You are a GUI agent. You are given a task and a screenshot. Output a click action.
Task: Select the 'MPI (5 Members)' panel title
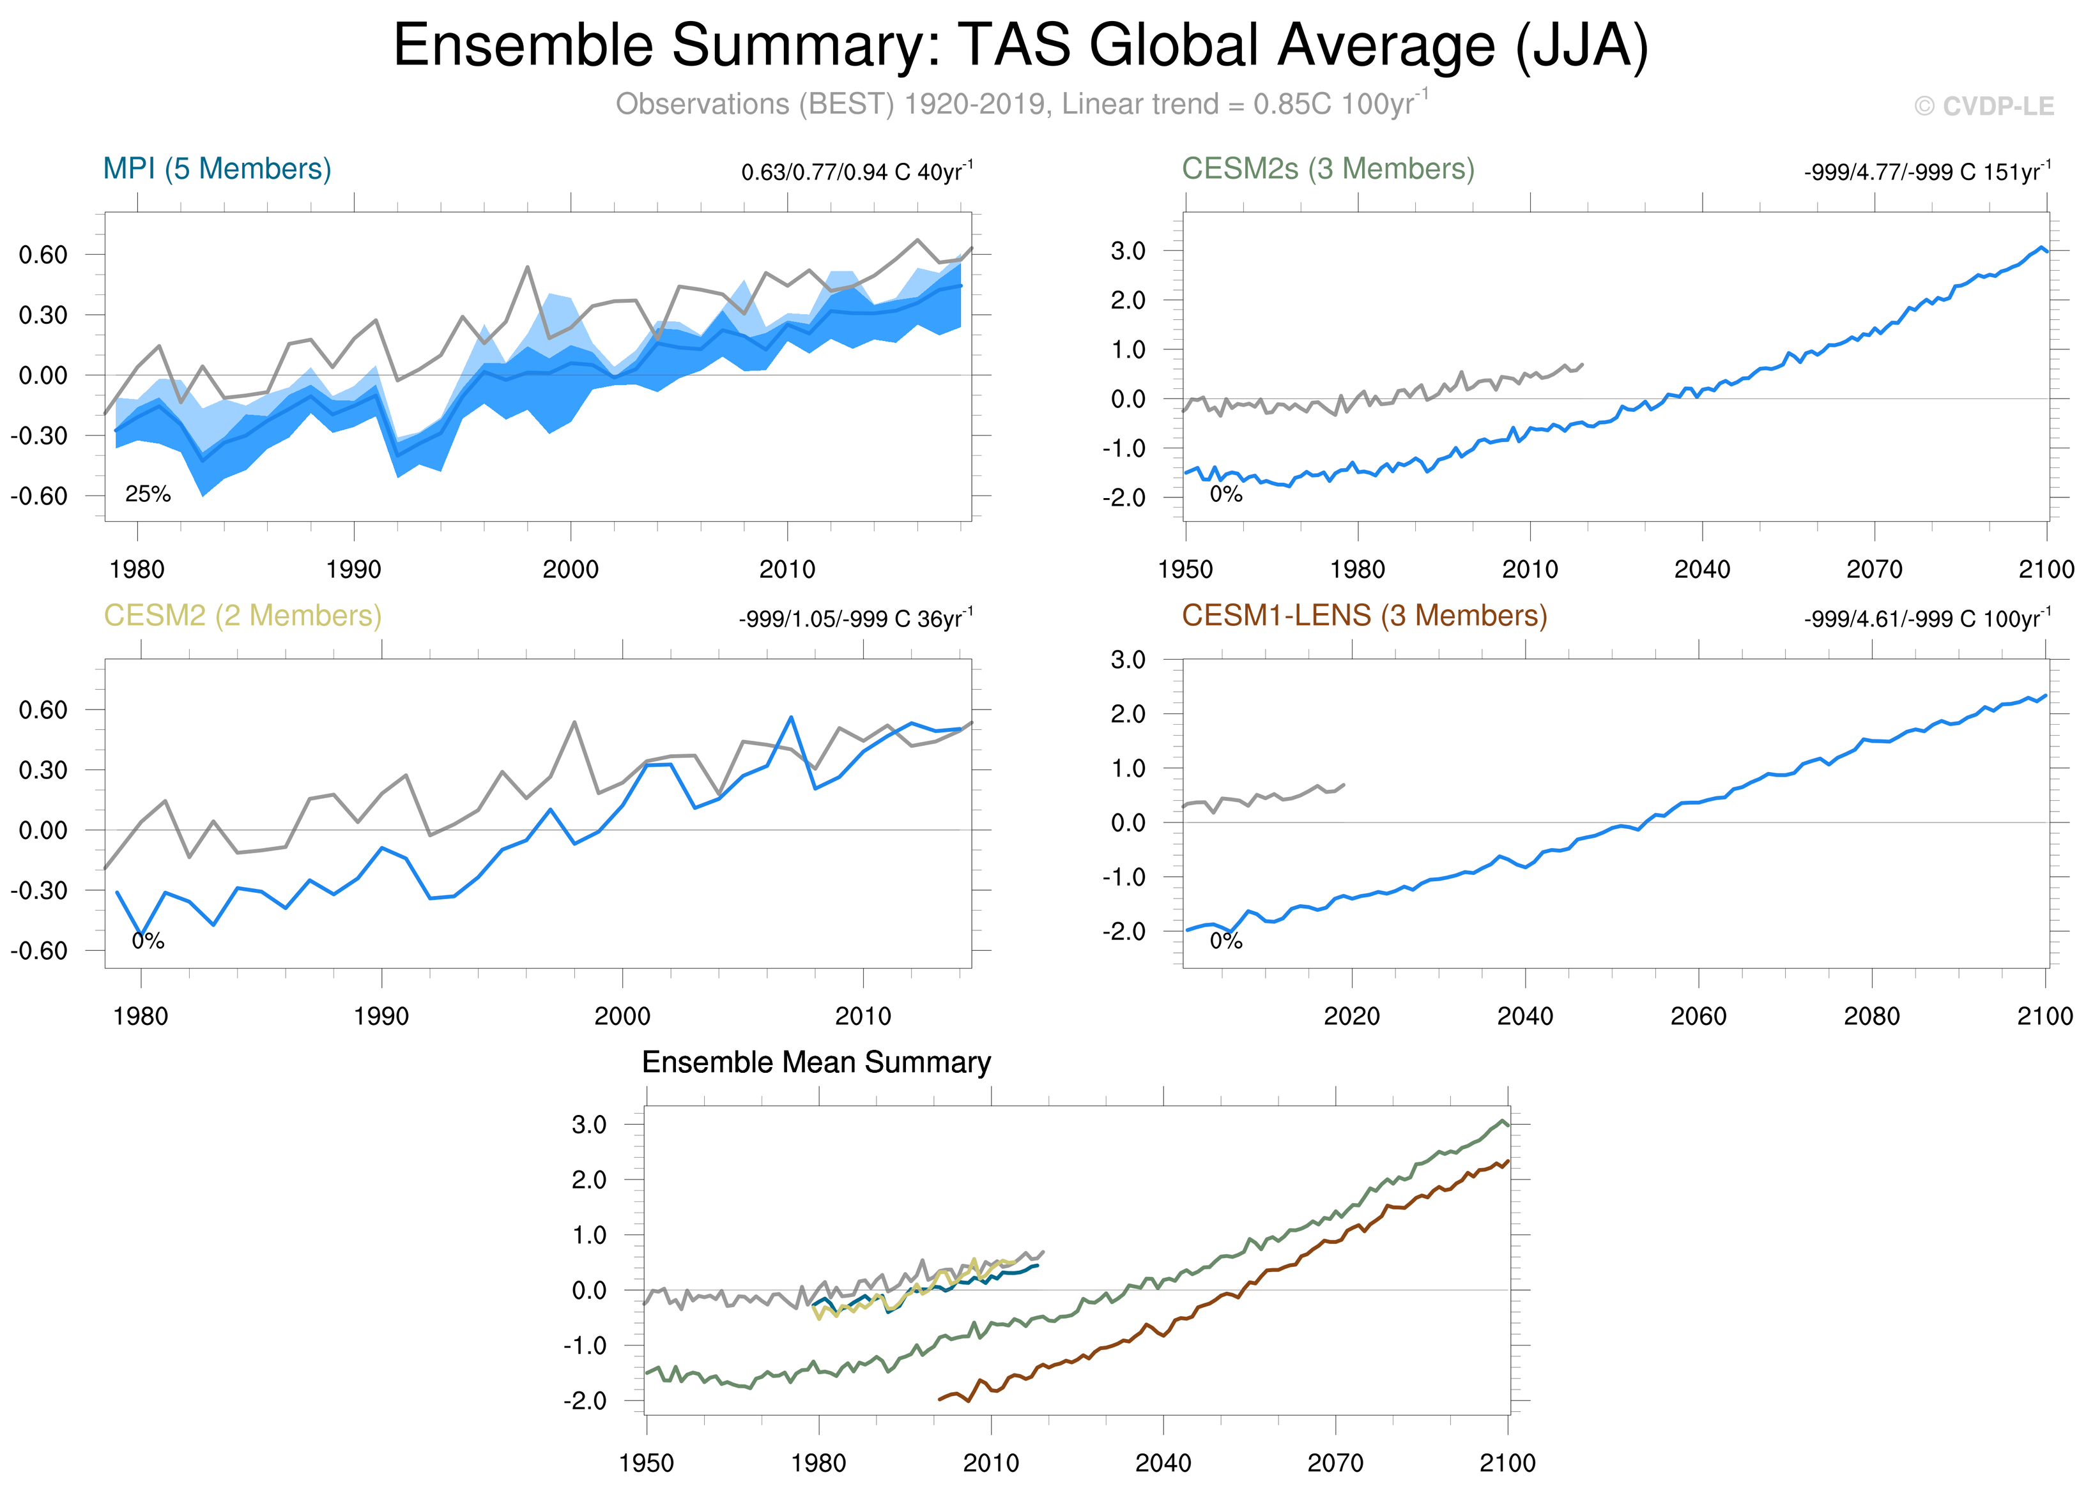point(217,169)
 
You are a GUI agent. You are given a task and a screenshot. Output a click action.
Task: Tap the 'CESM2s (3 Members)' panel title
point(1327,169)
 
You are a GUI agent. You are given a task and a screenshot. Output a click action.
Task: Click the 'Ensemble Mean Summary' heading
point(816,1062)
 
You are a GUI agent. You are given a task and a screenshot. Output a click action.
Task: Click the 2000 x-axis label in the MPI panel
point(571,569)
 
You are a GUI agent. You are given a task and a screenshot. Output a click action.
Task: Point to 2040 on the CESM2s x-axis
point(1701,569)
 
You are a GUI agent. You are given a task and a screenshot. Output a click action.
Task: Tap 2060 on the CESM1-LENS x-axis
point(1698,1016)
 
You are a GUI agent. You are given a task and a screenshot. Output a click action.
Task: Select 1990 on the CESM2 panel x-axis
point(381,1016)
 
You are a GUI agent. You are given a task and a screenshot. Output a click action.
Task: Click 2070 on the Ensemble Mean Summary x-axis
point(1335,1462)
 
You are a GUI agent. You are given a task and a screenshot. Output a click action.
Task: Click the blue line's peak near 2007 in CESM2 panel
point(791,717)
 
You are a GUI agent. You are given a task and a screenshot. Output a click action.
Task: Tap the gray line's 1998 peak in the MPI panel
point(527,268)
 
